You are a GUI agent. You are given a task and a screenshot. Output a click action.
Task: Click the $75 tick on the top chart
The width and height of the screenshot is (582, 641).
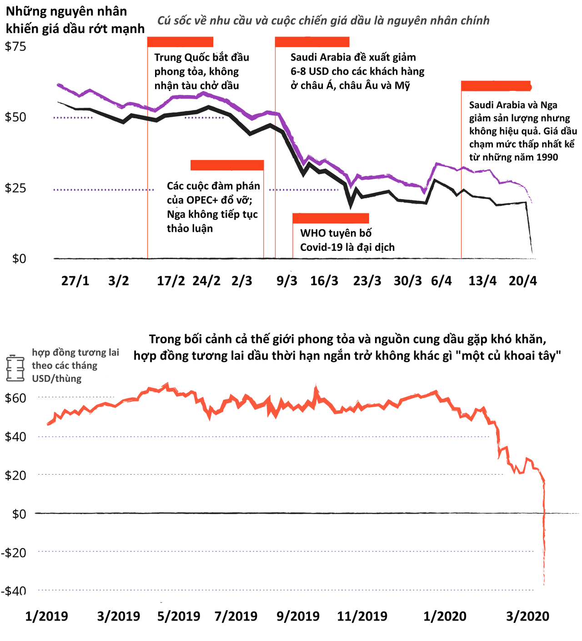[x=15, y=46]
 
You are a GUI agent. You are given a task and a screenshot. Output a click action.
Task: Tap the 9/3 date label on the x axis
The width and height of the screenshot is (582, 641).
[x=287, y=280]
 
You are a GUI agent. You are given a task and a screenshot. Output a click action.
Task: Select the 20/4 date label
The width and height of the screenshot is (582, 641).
[x=522, y=280]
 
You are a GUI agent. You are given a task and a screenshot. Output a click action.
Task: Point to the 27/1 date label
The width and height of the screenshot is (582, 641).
[x=75, y=280]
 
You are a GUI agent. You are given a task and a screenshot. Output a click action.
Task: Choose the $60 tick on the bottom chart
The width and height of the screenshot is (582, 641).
[x=15, y=398]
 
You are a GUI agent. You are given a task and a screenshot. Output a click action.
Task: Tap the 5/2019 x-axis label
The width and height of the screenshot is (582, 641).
[x=179, y=616]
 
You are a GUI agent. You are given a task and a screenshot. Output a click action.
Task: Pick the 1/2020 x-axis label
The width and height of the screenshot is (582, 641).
[x=445, y=616]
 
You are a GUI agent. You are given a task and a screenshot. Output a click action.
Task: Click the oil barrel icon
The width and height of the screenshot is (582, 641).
[x=15, y=368]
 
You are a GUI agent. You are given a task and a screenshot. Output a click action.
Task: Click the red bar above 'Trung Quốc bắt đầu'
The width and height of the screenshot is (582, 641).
[x=180, y=42]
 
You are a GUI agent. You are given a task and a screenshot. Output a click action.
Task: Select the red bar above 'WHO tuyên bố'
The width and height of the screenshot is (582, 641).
[x=331, y=218]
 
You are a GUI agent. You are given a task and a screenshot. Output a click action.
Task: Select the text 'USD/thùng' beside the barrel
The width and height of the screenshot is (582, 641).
[x=56, y=379]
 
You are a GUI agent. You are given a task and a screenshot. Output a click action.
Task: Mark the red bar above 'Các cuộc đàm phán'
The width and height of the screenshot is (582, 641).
[x=227, y=165]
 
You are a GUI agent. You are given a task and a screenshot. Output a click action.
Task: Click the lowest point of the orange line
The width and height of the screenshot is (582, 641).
[x=544, y=584]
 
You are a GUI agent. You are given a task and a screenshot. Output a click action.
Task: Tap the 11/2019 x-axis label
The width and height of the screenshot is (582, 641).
[x=362, y=616]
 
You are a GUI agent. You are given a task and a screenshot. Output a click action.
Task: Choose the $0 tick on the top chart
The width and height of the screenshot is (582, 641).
[x=19, y=259]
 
